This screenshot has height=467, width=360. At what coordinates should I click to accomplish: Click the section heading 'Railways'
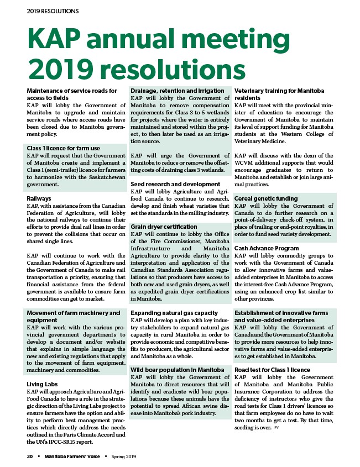(39, 198)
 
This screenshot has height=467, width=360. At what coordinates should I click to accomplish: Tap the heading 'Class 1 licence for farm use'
(63, 148)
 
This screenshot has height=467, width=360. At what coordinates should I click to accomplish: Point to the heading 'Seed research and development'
(175, 184)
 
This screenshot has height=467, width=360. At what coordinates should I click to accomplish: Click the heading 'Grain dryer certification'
(164, 227)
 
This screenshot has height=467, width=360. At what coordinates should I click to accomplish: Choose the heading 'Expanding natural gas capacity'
(174, 313)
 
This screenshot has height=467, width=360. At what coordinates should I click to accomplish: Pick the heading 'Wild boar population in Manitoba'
(177, 369)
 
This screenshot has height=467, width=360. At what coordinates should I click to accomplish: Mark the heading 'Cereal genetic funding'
(267, 198)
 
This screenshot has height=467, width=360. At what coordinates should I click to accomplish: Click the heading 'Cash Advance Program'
(267, 248)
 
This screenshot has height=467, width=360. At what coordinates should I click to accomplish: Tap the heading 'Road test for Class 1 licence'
(273, 370)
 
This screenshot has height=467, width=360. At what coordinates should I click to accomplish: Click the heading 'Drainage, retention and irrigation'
(178, 91)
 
